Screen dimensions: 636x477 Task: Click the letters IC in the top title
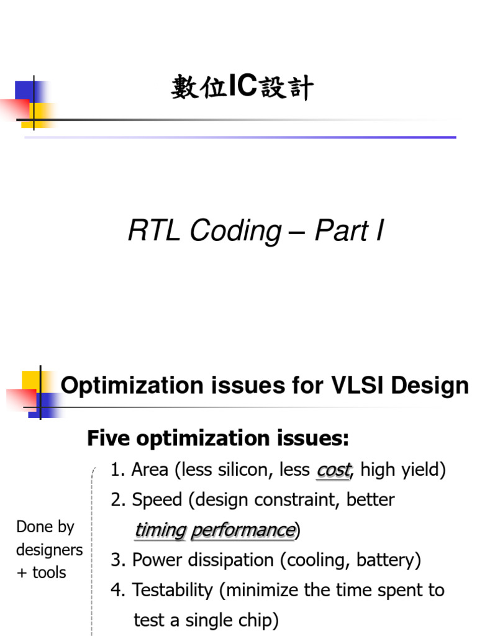242,88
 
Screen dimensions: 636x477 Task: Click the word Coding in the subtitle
235,232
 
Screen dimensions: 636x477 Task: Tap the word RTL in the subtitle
155,232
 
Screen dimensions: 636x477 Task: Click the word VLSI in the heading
353,386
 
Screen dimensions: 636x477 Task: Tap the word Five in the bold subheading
109,439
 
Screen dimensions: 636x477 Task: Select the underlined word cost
333,470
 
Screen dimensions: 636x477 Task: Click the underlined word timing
160,530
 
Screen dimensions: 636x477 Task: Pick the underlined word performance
242,530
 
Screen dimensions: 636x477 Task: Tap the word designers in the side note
49,550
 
